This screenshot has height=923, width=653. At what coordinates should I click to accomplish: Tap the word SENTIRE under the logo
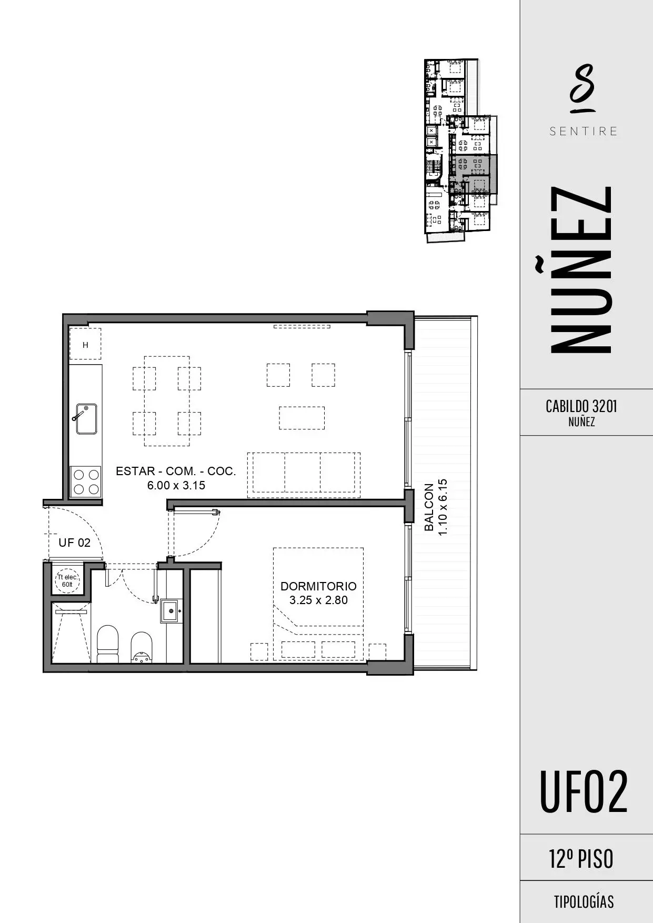584,131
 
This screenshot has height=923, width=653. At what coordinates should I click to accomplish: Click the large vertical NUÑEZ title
581,269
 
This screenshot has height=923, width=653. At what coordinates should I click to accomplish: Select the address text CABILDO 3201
581,406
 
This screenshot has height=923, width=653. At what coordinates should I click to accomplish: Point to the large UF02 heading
584,792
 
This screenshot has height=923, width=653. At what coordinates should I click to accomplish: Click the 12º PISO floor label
581,859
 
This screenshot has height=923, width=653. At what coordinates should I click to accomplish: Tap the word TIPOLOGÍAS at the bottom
584,902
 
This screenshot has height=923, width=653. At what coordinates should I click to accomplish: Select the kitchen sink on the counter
86,419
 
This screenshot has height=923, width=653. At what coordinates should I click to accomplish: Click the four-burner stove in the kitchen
86,481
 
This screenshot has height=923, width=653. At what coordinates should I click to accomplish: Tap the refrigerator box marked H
85,345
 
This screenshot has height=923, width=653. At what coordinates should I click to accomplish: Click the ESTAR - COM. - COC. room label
176,471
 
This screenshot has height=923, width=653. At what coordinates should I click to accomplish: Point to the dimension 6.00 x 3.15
176,485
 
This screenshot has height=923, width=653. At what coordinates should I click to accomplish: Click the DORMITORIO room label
318,586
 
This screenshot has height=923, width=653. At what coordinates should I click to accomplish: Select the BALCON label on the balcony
429,507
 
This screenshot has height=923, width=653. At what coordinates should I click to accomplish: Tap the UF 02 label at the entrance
74,543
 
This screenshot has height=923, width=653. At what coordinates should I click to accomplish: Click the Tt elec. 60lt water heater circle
67,581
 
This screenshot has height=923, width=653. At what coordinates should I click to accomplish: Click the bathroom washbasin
170,611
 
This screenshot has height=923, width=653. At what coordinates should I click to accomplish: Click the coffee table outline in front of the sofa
302,418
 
